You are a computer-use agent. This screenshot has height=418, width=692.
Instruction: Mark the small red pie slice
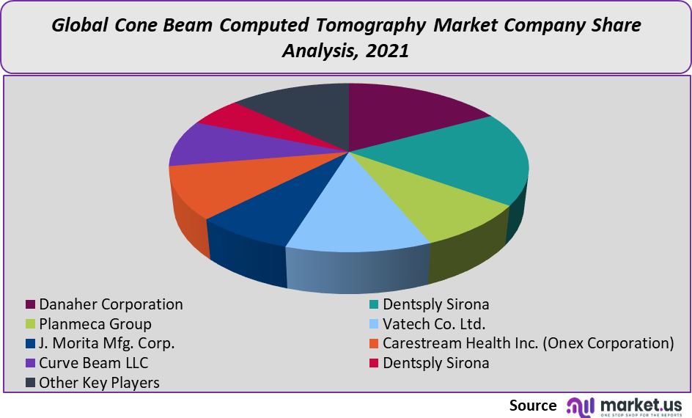pyautogui.click(x=238, y=119)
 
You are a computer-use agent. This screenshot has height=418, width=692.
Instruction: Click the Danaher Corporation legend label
pyautogui.click(x=111, y=304)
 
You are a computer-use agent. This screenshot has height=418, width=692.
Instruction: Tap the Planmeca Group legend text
pyautogui.click(x=95, y=324)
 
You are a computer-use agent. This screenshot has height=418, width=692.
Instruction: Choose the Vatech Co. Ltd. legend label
pyautogui.click(x=434, y=324)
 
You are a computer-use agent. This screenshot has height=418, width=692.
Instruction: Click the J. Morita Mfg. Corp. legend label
pyautogui.click(x=107, y=343)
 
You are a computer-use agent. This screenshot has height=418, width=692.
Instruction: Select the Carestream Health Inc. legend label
pyautogui.click(x=528, y=343)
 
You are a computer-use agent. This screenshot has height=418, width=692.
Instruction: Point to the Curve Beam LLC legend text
pyautogui.click(x=93, y=363)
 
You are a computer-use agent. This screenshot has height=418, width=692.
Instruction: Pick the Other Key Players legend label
pyautogui.click(x=99, y=383)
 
